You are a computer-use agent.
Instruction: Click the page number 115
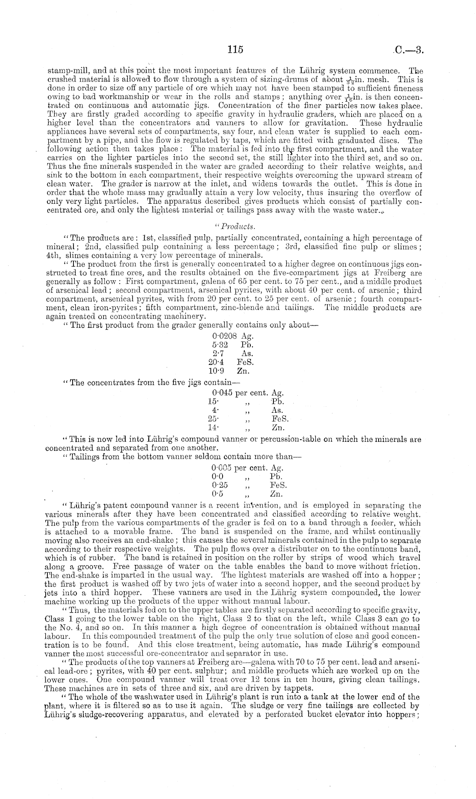pyautogui.click(x=235, y=50)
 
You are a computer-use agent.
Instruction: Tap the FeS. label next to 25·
pyautogui.click(x=280, y=419)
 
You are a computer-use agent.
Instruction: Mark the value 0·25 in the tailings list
pyautogui.click(x=220, y=485)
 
